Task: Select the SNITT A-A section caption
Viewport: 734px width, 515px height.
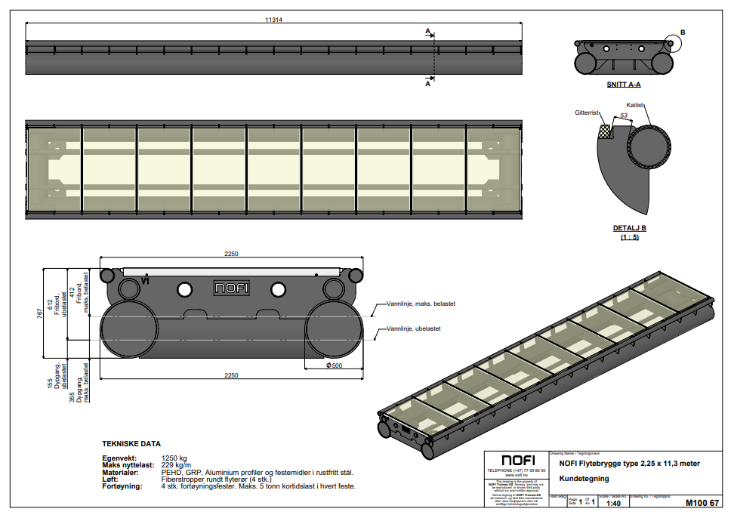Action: point(623,85)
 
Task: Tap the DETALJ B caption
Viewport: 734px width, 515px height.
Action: point(629,227)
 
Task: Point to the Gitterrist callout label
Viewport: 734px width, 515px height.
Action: point(587,112)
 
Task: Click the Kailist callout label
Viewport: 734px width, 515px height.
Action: point(635,105)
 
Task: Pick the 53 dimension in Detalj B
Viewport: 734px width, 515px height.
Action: point(623,116)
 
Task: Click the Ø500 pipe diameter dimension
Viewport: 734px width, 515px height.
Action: point(334,365)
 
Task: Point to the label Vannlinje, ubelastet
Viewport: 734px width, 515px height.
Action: point(413,328)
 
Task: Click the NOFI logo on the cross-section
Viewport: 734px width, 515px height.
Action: point(231,288)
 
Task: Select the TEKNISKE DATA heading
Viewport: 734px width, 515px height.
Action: point(131,444)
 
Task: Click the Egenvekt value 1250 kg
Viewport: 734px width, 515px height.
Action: point(174,458)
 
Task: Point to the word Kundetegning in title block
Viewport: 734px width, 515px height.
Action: point(584,479)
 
